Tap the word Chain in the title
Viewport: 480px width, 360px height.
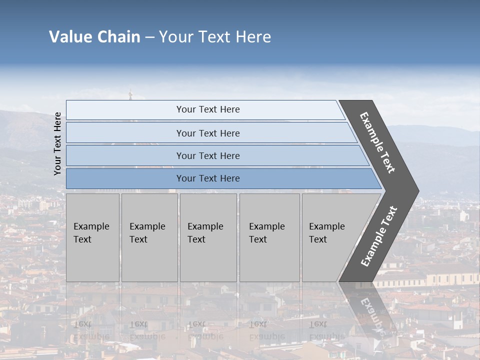pos(119,37)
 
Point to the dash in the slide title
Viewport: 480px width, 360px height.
pos(149,37)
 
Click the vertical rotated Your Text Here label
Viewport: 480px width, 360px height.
pos(57,143)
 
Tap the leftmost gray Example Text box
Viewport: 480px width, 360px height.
pos(92,237)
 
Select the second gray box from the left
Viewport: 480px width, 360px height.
pos(149,237)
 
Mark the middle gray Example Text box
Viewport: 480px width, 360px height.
pos(208,237)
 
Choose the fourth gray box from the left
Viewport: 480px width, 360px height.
pos(269,237)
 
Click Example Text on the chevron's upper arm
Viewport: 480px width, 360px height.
pos(377,142)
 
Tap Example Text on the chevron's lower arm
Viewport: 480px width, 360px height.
pos(378,236)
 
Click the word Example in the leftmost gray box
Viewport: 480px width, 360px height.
pos(91,226)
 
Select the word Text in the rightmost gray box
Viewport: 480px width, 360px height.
pos(318,239)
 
